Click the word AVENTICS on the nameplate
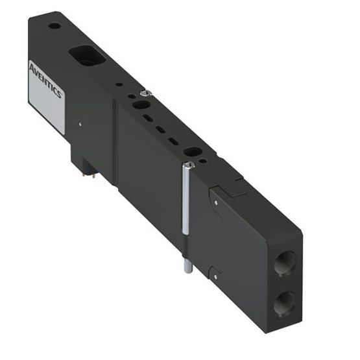(46, 80)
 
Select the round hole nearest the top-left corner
(55, 27)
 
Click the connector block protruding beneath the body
(81, 159)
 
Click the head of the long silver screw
(187, 168)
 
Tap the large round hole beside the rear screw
(138, 103)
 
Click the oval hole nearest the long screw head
(193, 151)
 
